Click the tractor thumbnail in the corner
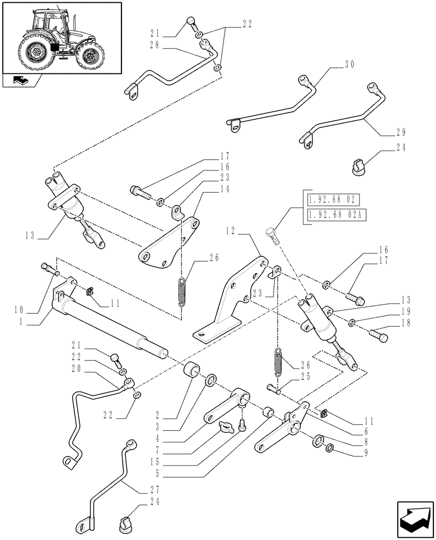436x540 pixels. (61, 37)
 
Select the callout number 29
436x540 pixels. (400, 132)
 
